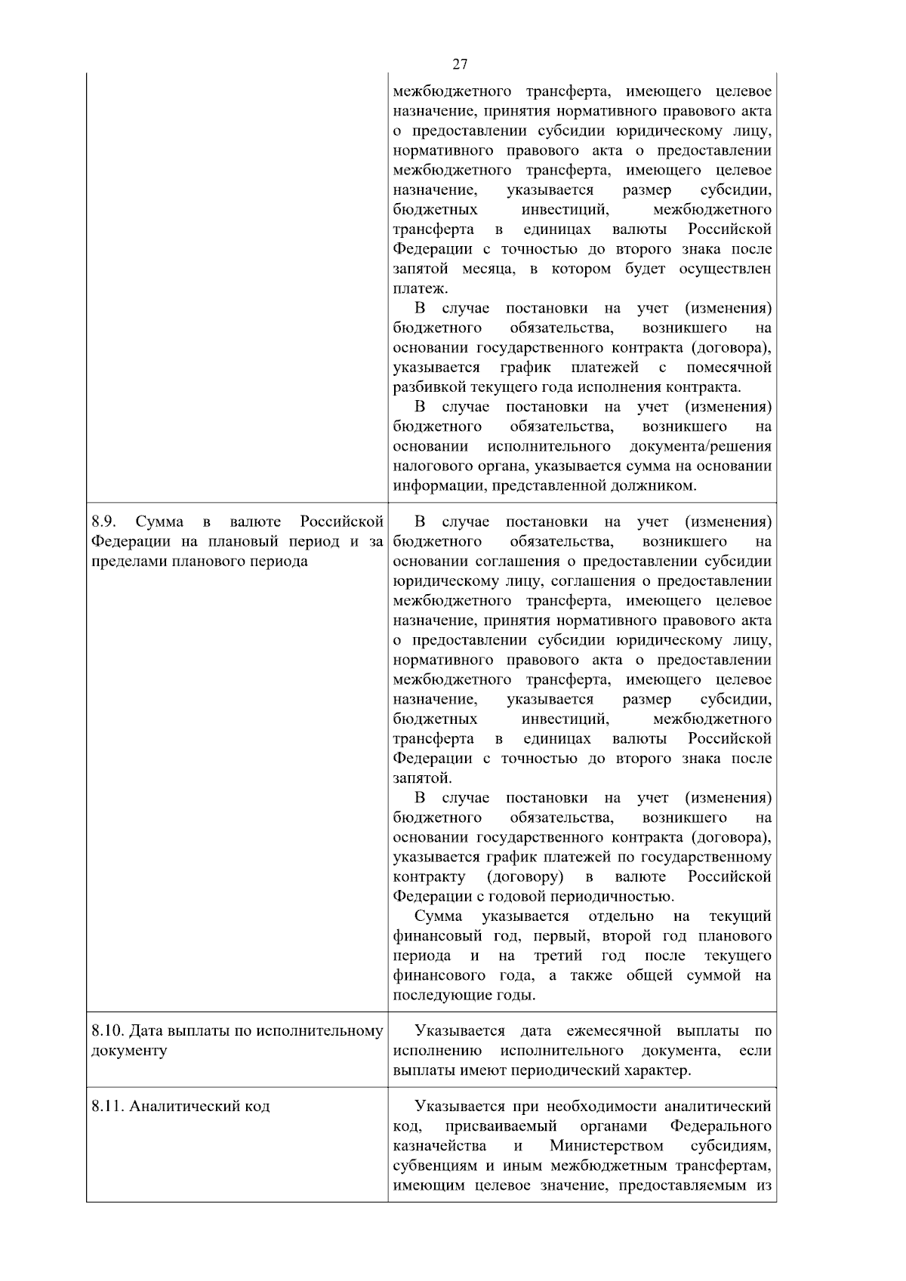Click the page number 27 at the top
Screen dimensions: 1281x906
pyautogui.click(x=460, y=63)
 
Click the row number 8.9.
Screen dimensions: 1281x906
pyautogui.click(x=103, y=522)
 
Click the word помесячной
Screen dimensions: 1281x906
pyautogui.click(x=729, y=368)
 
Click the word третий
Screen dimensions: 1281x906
pyautogui.click(x=558, y=956)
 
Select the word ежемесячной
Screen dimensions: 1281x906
pyautogui.click(x=613, y=1031)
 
